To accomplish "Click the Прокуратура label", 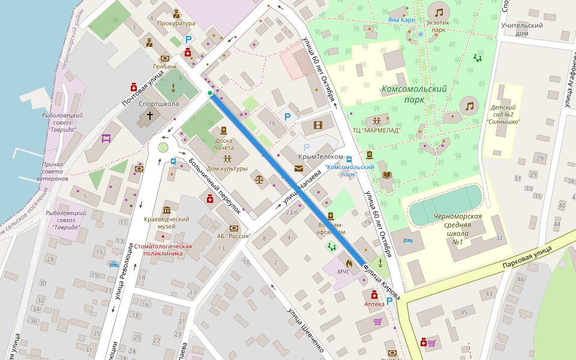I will pyautogui.click(x=176, y=23).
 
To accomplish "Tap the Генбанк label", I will pyautogui.click(x=165, y=67).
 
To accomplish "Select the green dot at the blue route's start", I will pyautogui.click(x=209, y=93).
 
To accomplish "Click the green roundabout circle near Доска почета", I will pyautogui.click(x=163, y=148).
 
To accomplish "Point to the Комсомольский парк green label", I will pyautogui.click(x=414, y=94).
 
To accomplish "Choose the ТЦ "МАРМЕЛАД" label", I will pyautogui.click(x=376, y=130).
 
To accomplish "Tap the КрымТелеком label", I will pyautogui.click(x=316, y=157).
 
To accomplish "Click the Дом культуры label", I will pyautogui.click(x=227, y=169).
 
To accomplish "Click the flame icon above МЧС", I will pyautogui.click(x=348, y=263).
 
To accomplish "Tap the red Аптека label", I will pyautogui.click(x=374, y=304).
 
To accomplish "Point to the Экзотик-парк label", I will pyautogui.click(x=439, y=25).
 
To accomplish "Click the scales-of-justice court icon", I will pyautogui.click(x=259, y=179).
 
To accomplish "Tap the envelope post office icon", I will pyautogui.click(x=299, y=169).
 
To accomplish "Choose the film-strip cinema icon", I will pyautogui.click(x=317, y=125).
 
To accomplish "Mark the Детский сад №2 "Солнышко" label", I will pyautogui.click(x=503, y=114).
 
